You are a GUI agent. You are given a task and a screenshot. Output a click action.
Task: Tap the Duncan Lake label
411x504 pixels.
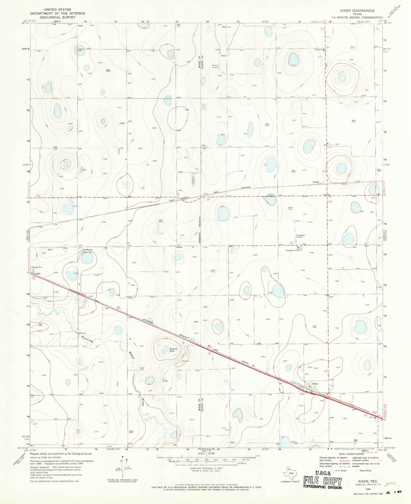coord(174,350)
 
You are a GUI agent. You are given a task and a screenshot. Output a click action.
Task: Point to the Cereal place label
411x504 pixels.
coord(316,182)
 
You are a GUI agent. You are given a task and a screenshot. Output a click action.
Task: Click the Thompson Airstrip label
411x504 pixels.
coord(300,236)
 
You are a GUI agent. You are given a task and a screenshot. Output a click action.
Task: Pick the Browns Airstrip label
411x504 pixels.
coord(215,66)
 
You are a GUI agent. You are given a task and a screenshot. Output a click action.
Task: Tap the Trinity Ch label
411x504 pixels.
coord(318,49)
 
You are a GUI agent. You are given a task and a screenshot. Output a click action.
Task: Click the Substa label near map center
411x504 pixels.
coord(178,247)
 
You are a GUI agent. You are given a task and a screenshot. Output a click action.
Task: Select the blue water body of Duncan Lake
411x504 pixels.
coord(165,350)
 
